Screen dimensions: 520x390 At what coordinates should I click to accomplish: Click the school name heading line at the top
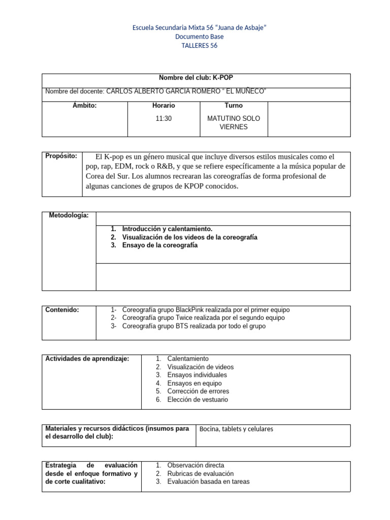point(199,28)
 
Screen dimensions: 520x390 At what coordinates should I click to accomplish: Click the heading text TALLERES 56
point(199,46)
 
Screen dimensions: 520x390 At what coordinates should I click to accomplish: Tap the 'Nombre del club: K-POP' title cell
point(196,78)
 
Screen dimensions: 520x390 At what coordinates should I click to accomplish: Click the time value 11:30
point(164,118)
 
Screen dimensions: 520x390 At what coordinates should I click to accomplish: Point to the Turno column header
point(234,106)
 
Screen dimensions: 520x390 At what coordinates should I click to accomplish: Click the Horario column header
point(164,106)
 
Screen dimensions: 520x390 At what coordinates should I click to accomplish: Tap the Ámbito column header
point(84,106)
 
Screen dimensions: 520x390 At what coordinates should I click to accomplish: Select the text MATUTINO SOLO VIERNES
point(234,122)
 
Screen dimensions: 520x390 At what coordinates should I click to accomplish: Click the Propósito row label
point(61,156)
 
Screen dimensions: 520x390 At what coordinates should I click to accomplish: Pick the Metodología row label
point(69,215)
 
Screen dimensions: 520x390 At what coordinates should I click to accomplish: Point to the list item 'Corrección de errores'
point(198,391)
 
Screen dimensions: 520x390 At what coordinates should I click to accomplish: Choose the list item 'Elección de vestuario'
point(198,400)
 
